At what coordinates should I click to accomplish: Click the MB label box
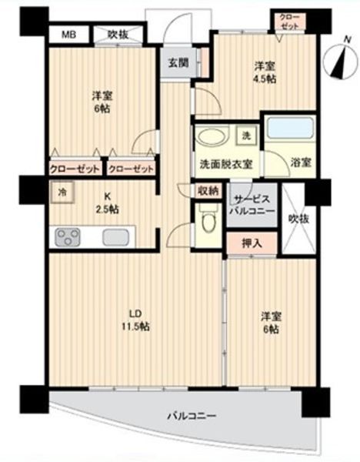click(68, 34)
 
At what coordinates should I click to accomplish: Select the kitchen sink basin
click(118, 238)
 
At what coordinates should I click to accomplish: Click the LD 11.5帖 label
click(135, 320)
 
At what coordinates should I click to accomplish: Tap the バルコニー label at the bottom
click(192, 416)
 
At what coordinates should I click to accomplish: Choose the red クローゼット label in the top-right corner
click(289, 20)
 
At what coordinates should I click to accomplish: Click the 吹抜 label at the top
click(118, 34)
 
